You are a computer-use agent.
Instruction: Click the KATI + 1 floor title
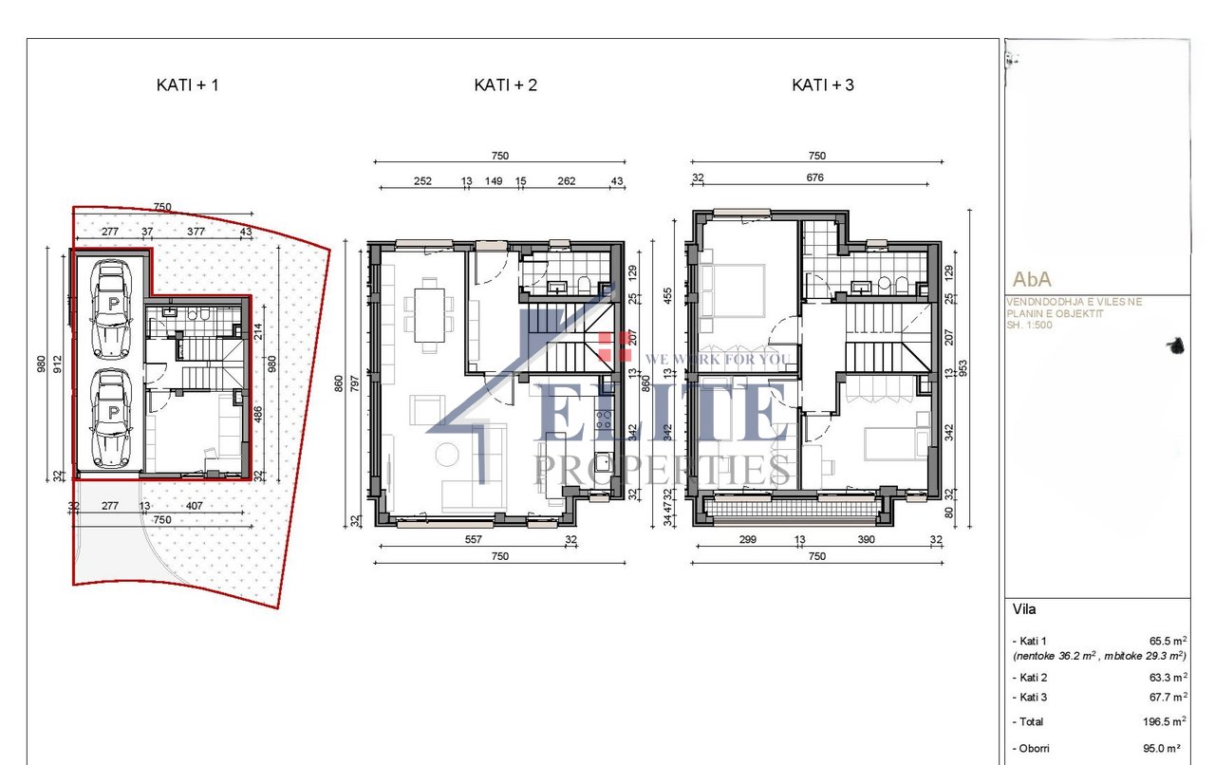tap(187, 84)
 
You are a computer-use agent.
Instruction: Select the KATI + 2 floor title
tap(505, 84)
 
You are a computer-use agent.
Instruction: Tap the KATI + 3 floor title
tap(823, 84)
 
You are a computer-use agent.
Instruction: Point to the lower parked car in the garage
tap(112, 419)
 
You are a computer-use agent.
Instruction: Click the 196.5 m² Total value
tap(1165, 721)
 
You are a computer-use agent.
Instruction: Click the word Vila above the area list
tap(1023, 609)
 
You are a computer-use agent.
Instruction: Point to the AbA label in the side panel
tap(1032, 280)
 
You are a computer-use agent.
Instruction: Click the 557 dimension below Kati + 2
tap(475, 540)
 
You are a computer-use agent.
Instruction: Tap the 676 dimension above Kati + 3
tap(814, 177)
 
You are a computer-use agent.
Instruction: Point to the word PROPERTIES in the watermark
tap(663, 468)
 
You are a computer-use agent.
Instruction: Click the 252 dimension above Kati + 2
tap(423, 181)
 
